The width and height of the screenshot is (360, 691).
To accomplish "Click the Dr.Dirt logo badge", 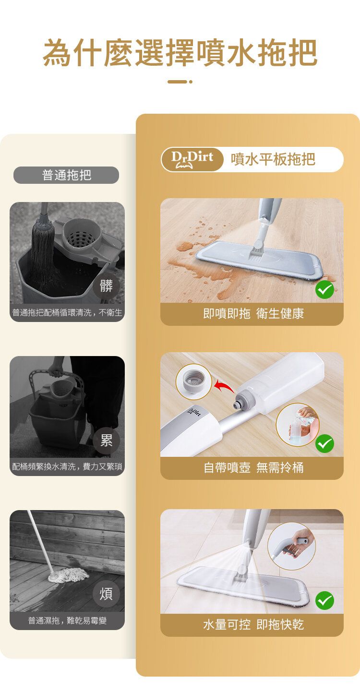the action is click(x=192, y=159).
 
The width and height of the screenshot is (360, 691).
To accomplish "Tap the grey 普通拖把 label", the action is click(x=66, y=175).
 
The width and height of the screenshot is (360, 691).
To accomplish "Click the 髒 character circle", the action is click(x=106, y=286).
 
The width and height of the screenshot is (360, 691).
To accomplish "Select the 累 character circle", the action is click(x=106, y=440).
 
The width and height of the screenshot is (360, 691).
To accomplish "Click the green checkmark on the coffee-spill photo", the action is click(x=324, y=290).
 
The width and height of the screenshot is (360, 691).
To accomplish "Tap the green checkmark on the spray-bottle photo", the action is click(x=324, y=443).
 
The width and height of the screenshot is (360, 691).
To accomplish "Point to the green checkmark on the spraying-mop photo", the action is click(x=324, y=600).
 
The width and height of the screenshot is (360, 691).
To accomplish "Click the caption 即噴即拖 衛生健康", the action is click(x=253, y=314).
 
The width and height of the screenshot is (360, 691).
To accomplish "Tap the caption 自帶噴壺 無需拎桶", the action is click(x=253, y=468).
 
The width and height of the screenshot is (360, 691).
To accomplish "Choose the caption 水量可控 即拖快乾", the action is click(x=253, y=625).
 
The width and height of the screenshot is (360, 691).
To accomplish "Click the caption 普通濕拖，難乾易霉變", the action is click(x=67, y=620).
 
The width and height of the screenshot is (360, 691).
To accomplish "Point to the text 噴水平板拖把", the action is click(x=273, y=159).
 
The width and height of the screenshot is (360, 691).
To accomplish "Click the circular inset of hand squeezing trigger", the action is click(x=291, y=546).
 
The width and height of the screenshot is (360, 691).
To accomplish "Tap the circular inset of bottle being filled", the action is click(x=298, y=425).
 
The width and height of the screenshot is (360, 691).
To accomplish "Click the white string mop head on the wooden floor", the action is click(x=68, y=575).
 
